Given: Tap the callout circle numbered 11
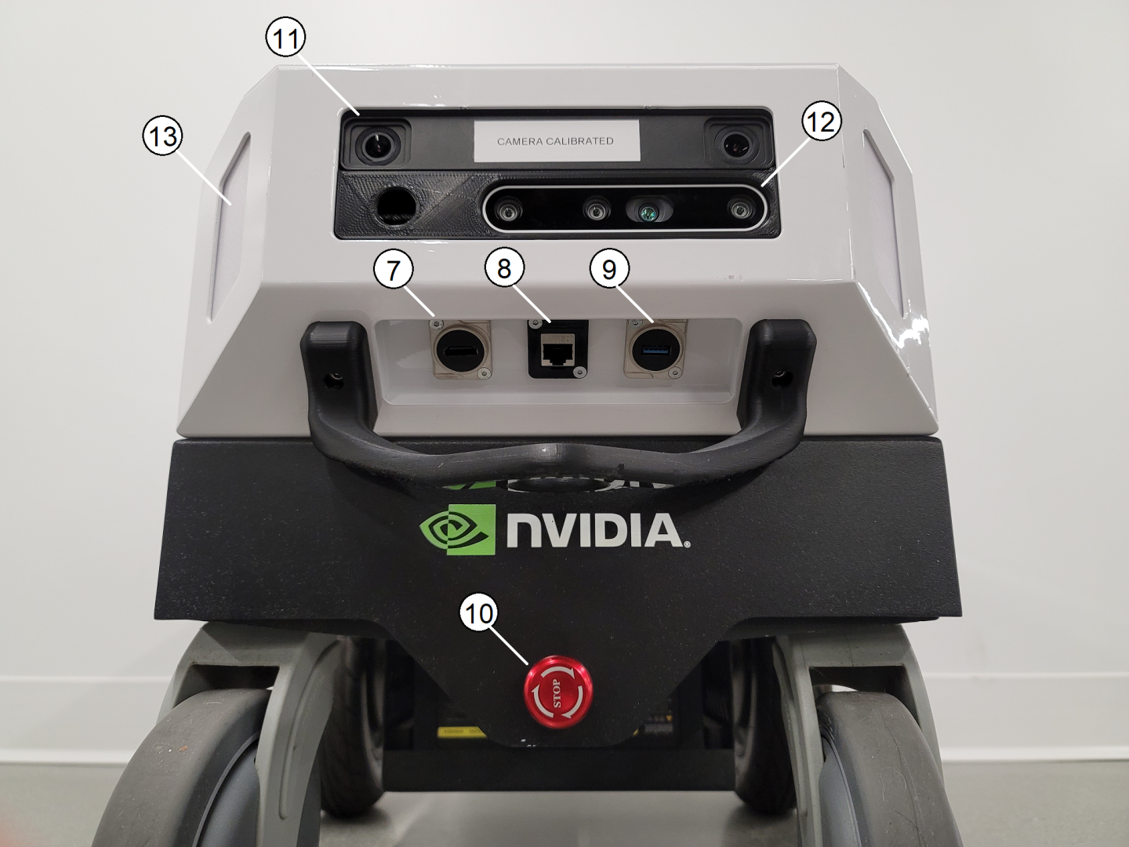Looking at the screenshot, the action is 285,38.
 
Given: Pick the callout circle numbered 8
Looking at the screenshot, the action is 504,269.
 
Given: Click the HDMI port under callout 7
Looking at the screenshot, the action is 459,351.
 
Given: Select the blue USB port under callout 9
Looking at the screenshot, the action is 655,352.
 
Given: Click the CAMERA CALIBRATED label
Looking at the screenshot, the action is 557,140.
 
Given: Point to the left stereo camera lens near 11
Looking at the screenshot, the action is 379,145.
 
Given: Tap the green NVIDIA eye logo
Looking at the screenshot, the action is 458,529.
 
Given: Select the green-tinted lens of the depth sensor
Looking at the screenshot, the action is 649,211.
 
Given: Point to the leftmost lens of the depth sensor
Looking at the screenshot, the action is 508,210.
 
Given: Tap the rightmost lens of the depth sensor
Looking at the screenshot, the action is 739,209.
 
